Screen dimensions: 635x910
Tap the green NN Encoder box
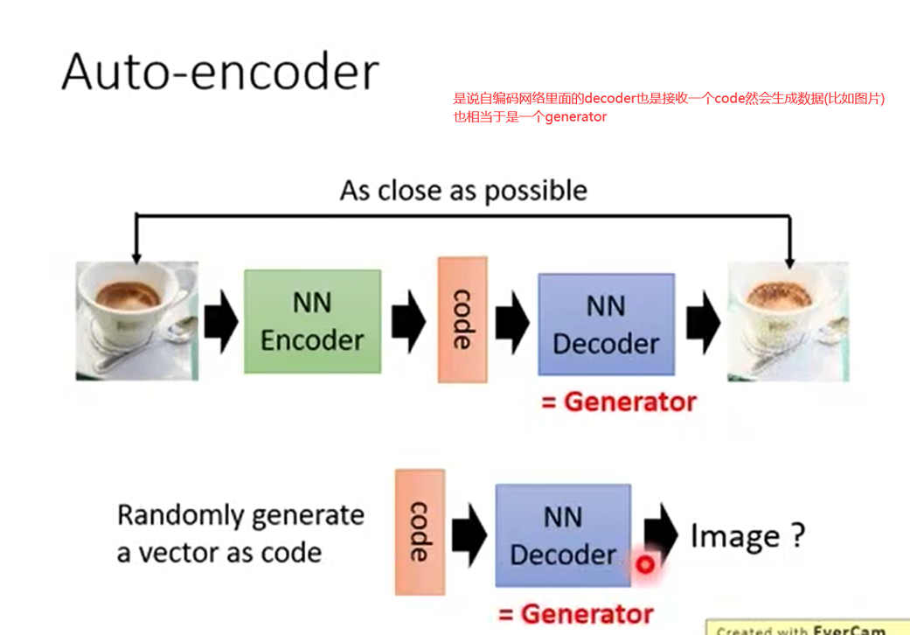(x=312, y=321)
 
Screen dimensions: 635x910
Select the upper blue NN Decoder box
(x=606, y=324)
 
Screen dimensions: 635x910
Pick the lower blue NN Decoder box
(x=563, y=535)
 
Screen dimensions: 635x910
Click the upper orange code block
(x=462, y=319)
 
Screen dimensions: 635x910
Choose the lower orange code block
(x=420, y=532)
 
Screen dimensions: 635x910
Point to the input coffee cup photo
(x=137, y=321)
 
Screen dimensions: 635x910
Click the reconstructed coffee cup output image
(x=788, y=322)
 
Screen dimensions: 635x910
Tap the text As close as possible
(x=463, y=191)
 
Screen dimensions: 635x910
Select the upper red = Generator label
(x=619, y=401)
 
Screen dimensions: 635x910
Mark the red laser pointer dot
(x=645, y=565)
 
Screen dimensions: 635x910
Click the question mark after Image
(x=795, y=534)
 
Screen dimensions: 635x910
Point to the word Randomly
(x=175, y=514)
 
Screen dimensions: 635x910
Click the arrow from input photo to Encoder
(x=221, y=322)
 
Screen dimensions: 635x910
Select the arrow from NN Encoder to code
(x=408, y=322)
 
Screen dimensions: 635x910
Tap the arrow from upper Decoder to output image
(x=703, y=322)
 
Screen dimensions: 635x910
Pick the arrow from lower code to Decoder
(x=469, y=534)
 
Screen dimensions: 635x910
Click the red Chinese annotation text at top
(x=669, y=107)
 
